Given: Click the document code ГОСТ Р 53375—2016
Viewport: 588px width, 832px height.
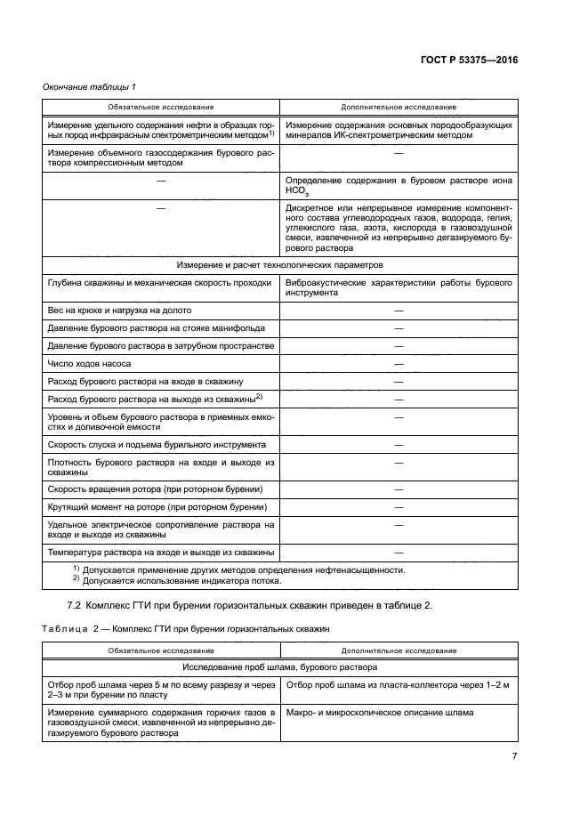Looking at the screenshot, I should [468, 60].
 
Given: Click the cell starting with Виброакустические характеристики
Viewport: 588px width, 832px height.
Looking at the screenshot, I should [399, 287].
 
